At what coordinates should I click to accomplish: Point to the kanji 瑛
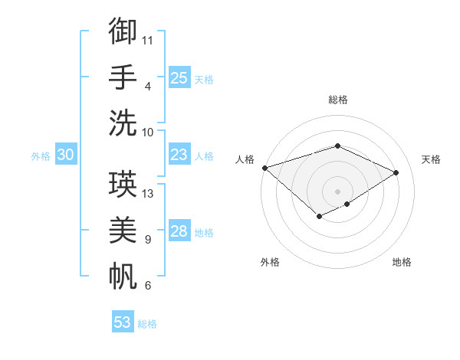(123, 185)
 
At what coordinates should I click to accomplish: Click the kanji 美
(123, 231)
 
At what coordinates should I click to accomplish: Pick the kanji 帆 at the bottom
(123, 275)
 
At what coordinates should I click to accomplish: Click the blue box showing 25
(179, 77)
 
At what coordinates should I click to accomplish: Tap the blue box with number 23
(179, 155)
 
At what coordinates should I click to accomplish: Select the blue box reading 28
(179, 231)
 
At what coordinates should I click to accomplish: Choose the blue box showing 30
(65, 155)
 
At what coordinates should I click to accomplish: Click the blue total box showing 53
(123, 322)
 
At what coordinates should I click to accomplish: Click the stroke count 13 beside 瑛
(149, 194)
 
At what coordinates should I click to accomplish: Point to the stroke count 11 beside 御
(148, 39)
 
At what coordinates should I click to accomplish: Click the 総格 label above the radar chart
(337, 100)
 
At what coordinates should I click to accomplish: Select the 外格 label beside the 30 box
(41, 156)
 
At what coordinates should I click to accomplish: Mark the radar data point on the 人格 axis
(264, 168)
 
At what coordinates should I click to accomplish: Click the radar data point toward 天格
(396, 173)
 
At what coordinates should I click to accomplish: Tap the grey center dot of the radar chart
(337, 191)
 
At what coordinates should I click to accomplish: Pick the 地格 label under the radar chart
(402, 262)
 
